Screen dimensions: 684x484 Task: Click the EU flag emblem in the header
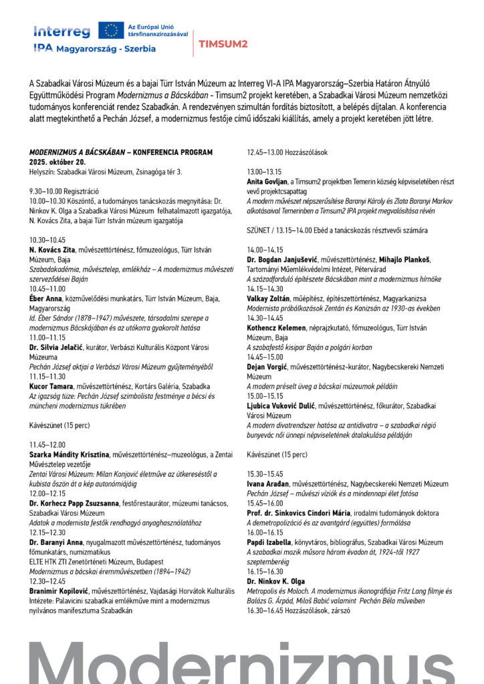pyautogui.click(x=111, y=30)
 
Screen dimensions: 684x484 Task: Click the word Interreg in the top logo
pyautogui.click(x=62, y=31)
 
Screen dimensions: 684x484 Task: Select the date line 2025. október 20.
pyautogui.click(x=57, y=162)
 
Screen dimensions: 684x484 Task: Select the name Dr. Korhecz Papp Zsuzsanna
pyautogui.click(x=73, y=503)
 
